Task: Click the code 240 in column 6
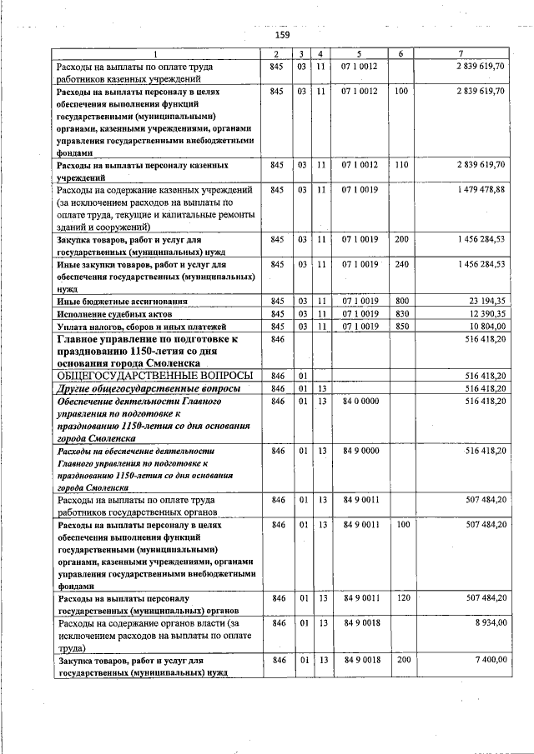tap(401, 264)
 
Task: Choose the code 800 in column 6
tap(401, 300)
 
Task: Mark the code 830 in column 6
tap(401, 313)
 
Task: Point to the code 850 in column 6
tap(401, 327)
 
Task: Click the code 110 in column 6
tap(401, 166)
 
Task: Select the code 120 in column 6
tap(401, 597)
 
